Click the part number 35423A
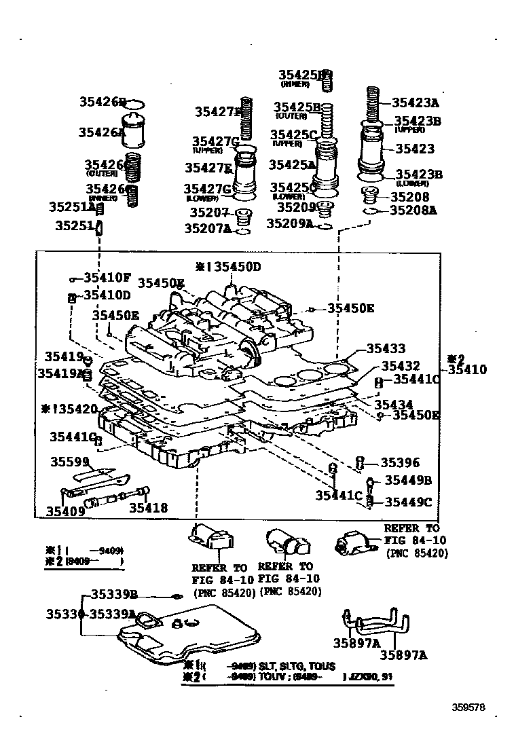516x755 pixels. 416,103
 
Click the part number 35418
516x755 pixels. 148,507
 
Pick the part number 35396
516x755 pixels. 400,463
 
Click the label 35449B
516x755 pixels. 408,481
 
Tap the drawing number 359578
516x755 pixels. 468,706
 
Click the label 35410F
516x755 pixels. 107,277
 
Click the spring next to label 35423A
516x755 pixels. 372,105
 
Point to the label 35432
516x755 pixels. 400,366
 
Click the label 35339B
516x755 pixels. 114,595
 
